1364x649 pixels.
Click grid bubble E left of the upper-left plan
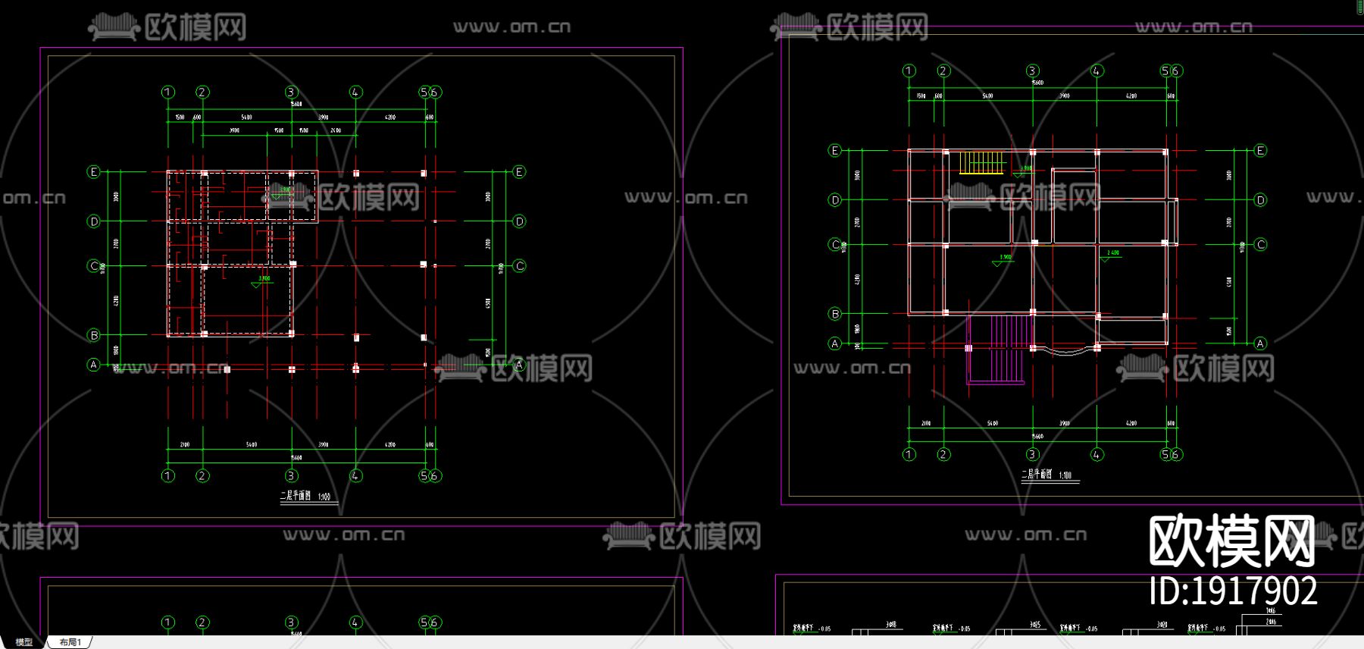pos(94,172)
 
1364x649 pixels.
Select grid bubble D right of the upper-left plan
pos(519,221)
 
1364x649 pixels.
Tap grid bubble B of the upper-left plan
pos(94,335)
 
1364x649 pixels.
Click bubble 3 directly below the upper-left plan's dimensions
pos(292,475)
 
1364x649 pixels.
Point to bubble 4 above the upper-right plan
pos(1097,71)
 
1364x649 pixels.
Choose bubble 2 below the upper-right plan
pos(943,454)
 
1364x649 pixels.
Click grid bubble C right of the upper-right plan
pos(1260,244)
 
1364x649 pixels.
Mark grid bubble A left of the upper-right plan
pos(835,343)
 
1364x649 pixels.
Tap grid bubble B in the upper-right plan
pos(835,313)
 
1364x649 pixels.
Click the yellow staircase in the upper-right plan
pos(981,163)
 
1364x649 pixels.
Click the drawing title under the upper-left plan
pos(305,497)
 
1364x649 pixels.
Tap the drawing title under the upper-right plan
pos(1046,475)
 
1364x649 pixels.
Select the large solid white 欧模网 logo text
pos(1231,541)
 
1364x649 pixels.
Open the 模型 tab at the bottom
pos(23,642)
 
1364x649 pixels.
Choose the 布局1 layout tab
pos(70,642)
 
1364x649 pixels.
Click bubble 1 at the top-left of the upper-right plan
pos(909,71)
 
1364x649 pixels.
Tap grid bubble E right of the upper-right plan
pos(1260,150)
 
